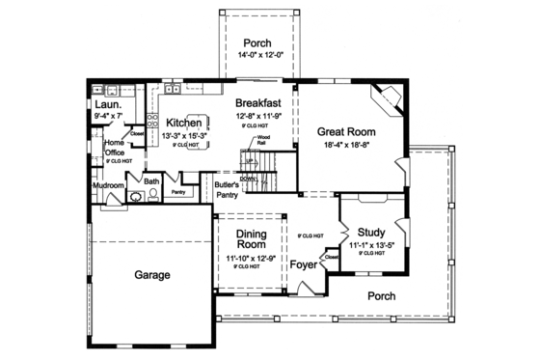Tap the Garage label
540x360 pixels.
coord(151,275)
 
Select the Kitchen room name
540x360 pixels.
coord(183,123)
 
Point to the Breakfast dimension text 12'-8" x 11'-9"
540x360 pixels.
coord(257,116)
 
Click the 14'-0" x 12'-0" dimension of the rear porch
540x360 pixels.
coord(257,55)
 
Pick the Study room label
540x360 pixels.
coord(371,233)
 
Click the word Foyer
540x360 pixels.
coord(307,262)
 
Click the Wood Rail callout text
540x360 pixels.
coord(261,140)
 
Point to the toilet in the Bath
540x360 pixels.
coord(151,197)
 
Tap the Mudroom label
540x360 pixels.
coord(108,184)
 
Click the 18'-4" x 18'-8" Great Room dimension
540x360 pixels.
coord(346,145)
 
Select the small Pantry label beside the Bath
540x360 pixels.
coord(177,192)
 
